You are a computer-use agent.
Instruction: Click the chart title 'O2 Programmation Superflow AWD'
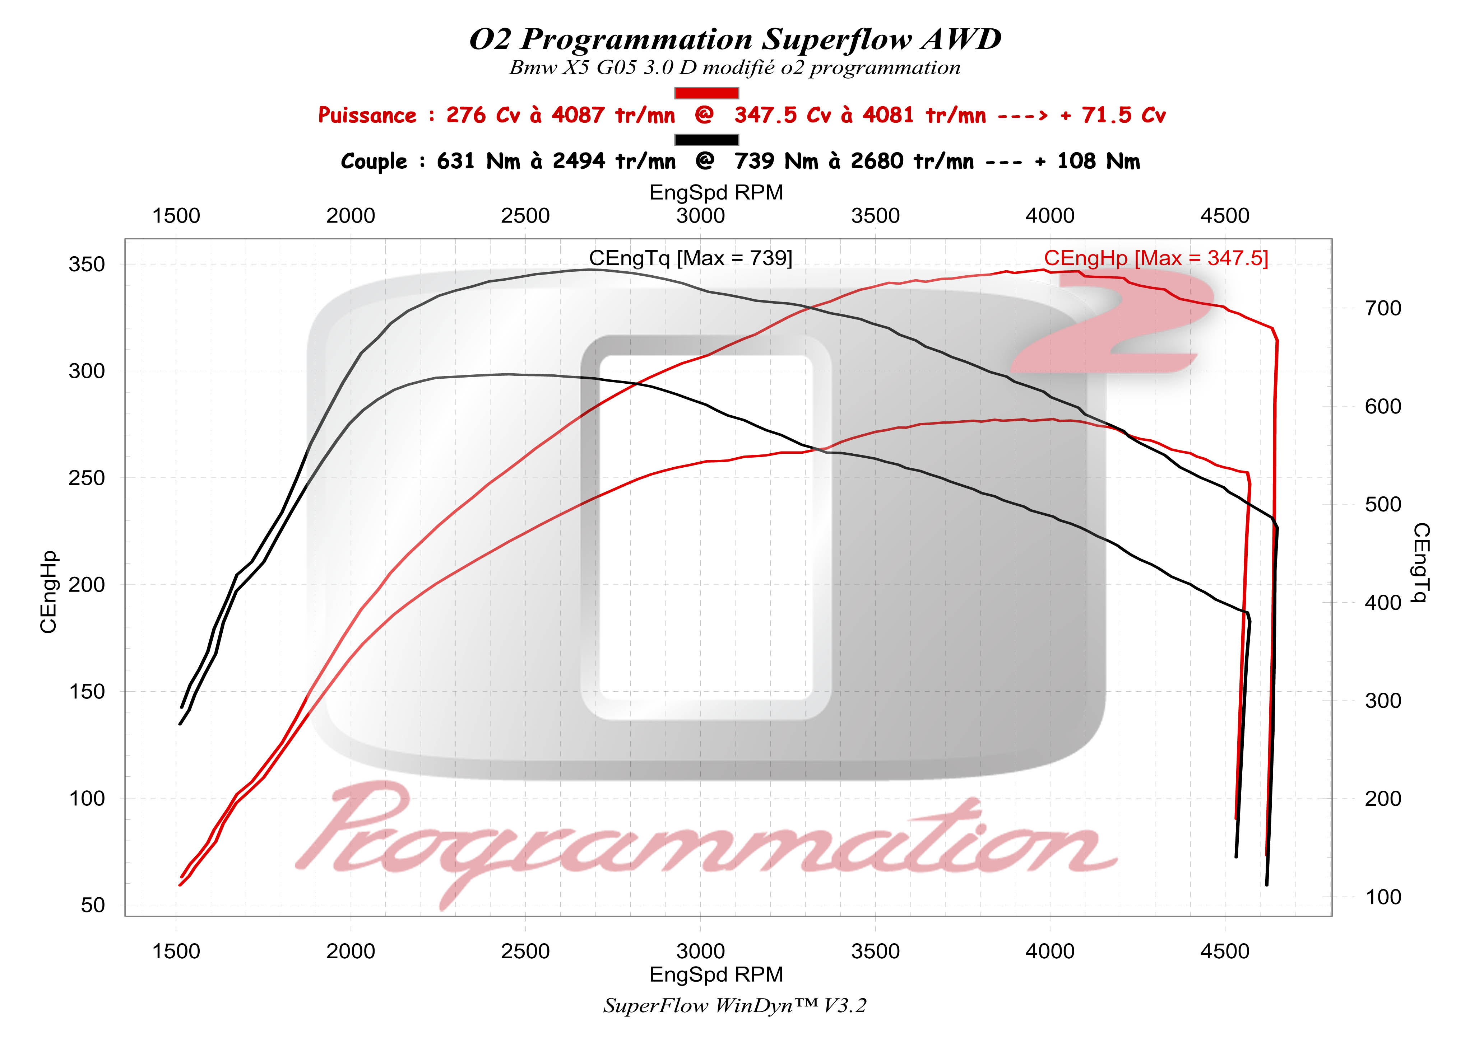(x=734, y=40)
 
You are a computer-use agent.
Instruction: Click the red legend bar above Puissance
(x=706, y=93)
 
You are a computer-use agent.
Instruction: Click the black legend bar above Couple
(x=706, y=140)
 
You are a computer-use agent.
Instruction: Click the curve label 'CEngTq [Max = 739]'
(x=690, y=258)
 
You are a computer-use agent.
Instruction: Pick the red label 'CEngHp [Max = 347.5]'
(x=1156, y=258)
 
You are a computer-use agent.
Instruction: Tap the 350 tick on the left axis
(x=87, y=264)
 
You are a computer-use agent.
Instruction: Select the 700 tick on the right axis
(x=1383, y=308)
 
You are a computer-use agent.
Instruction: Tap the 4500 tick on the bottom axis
(x=1224, y=951)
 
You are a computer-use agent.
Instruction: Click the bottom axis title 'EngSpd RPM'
(x=716, y=974)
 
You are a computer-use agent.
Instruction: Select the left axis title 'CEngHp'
(x=48, y=592)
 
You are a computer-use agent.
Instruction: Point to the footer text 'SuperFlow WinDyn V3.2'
(x=734, y=1005)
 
